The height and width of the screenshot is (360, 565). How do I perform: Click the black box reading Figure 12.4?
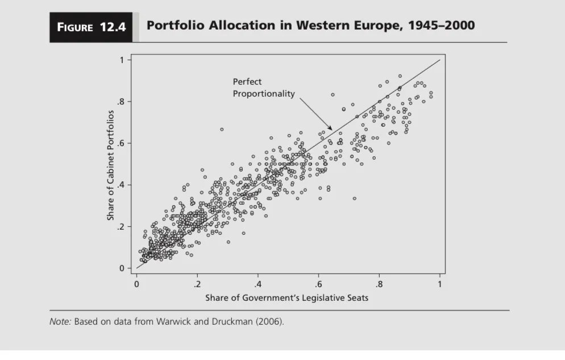tap(91, 27)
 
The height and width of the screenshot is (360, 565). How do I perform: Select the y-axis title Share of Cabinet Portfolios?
tap(111, 164)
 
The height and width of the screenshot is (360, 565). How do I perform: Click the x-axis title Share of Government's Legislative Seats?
tap(287, 298)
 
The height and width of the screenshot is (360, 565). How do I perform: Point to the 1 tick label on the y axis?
tap(121, 60)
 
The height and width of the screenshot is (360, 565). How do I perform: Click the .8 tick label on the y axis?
tap(120, 102)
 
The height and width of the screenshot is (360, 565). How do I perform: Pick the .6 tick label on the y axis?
tap(120, 143)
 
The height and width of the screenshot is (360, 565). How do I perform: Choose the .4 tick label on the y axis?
tap(120, 185)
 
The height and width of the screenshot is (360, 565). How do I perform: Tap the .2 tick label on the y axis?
tap(120, 227)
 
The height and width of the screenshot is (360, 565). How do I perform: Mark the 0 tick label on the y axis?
tap(121, 268)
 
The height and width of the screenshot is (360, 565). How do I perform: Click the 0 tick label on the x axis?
tap(136, 283)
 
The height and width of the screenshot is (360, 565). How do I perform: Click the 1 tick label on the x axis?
tap(440, 283)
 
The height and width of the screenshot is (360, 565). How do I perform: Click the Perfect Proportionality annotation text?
tap(263, 88)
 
